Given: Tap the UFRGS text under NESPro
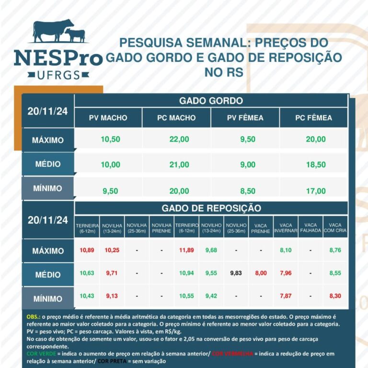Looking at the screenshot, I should (58, 75).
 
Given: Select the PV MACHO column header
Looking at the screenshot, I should (108, 118).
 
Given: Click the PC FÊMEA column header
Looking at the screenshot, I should (313, 118).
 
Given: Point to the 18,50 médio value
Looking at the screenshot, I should (316, 164).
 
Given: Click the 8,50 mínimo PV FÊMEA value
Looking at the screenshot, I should (248, 191).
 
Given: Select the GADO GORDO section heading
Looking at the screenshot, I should (211, 101).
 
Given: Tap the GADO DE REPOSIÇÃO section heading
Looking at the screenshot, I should (211, 208).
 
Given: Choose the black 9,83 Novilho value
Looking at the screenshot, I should (236, 273).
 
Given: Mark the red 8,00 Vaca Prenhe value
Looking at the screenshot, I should (261, 273).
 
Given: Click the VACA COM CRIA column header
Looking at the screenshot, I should (335, 228).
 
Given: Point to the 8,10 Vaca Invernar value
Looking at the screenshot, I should (286, 250).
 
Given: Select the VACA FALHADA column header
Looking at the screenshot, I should (310, 228).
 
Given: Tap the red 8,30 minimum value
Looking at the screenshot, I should (335, 296).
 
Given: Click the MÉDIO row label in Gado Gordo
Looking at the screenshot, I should (48, 164).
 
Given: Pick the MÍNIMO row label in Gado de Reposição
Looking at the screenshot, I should (48, 299).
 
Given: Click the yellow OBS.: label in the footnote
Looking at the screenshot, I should (34, 317).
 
